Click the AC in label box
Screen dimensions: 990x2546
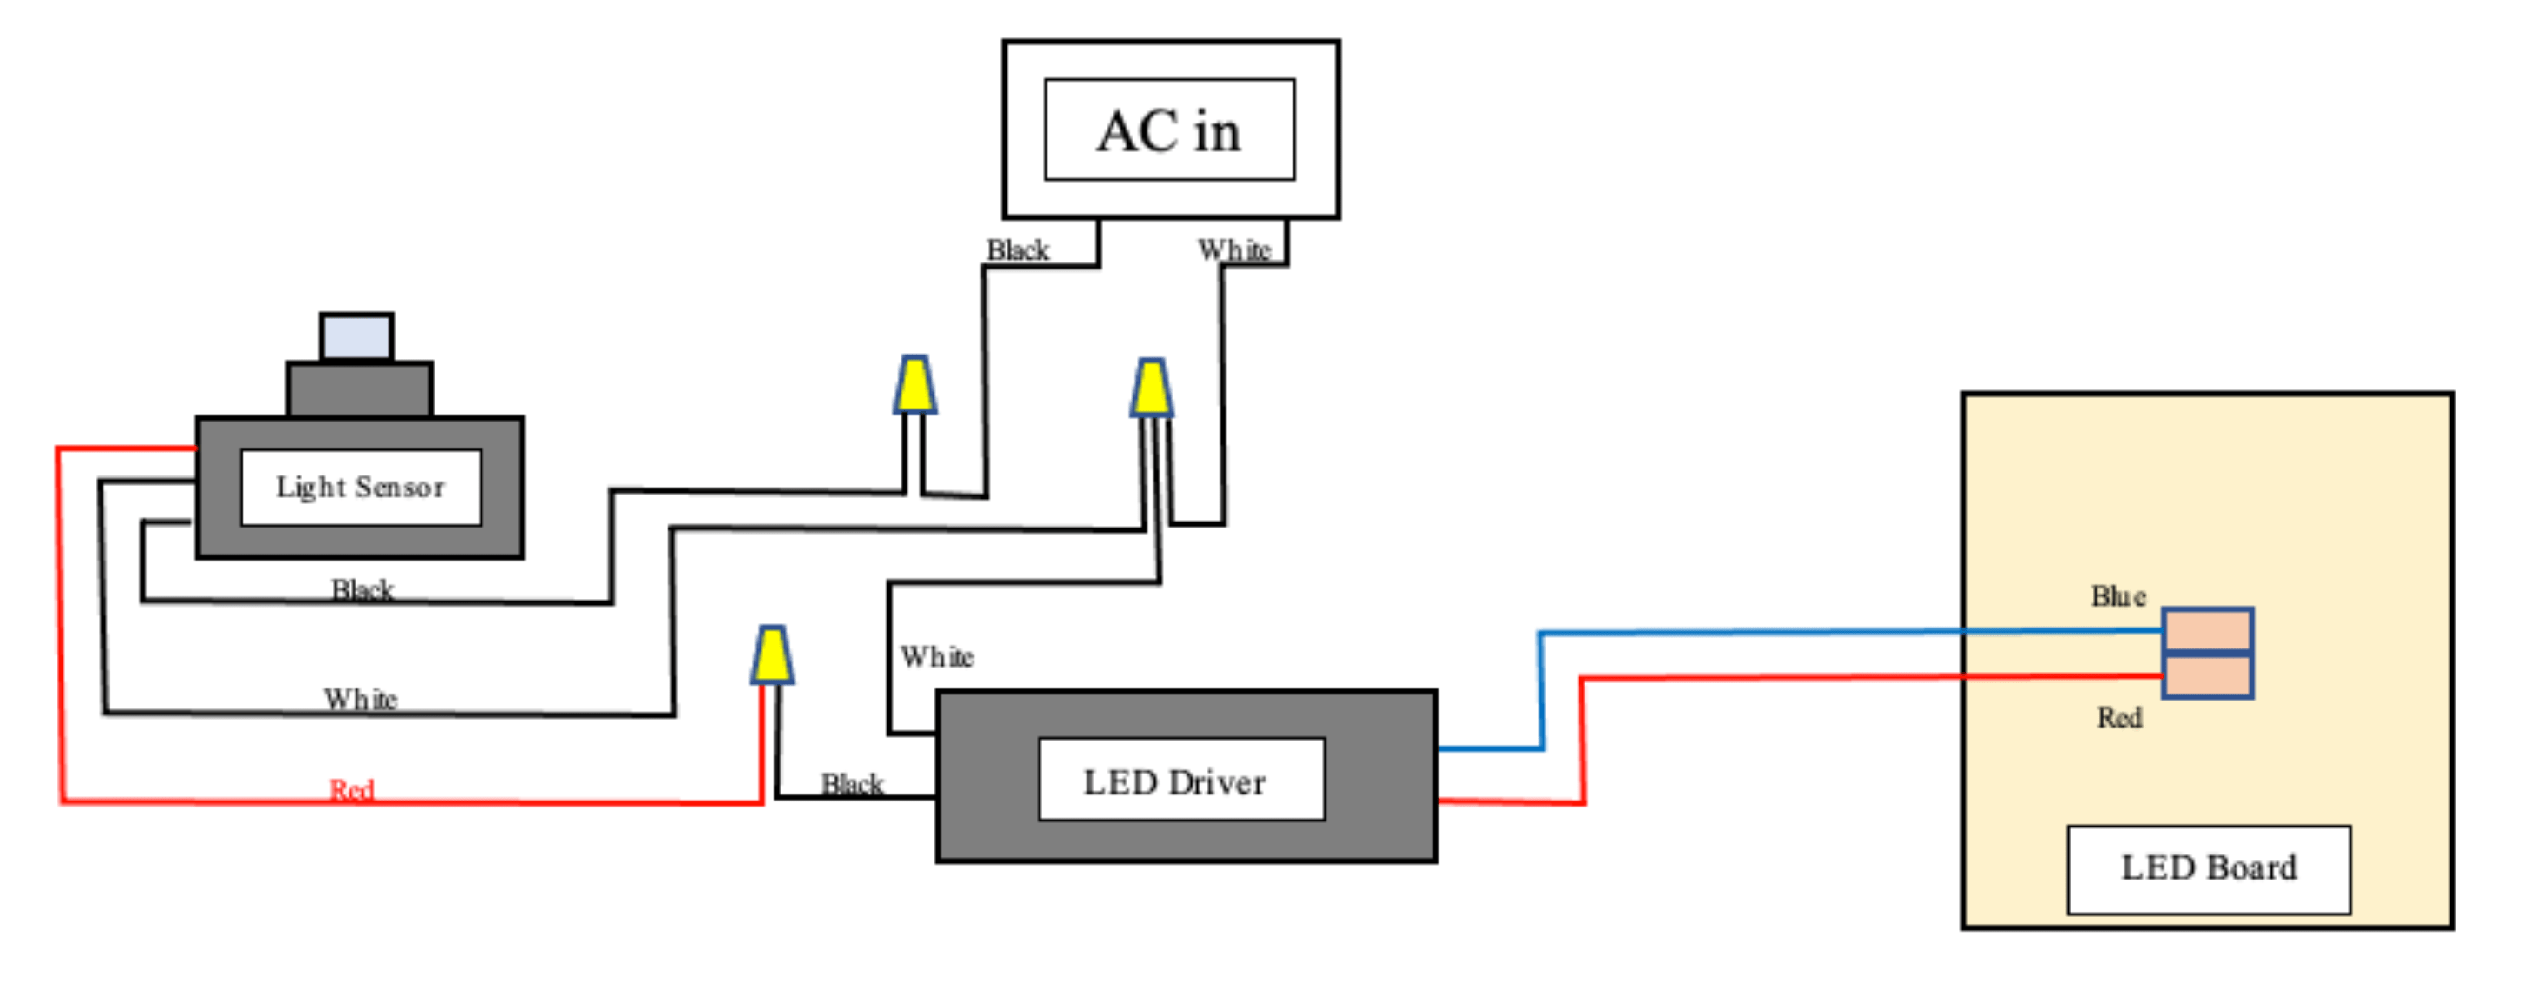click(1169, 130)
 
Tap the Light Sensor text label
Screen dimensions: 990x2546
click(361, 487)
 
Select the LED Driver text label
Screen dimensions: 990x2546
click(1174, 782)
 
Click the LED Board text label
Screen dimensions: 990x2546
click(2209, 867)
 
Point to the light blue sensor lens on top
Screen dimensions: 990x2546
click(356, 338)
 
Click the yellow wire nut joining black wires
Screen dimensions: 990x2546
click(915, 385)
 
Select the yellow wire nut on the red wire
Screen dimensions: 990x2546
click(772, 655)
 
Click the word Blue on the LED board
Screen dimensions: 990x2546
click(2117, 597)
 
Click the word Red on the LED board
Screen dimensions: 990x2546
click(2119, 718)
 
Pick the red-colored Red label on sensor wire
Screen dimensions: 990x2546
click(352, 789)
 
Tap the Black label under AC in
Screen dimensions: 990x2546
click(1018, 251)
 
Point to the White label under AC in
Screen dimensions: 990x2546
click(1233, 251)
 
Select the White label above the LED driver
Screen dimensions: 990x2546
click(937, 657)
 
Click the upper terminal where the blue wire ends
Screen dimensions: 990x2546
click(2208, 630)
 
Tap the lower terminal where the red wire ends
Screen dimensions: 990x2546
click(2208, 677)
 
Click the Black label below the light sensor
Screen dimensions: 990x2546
click(362, 590)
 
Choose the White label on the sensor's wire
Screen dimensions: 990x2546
click(361, 700)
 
